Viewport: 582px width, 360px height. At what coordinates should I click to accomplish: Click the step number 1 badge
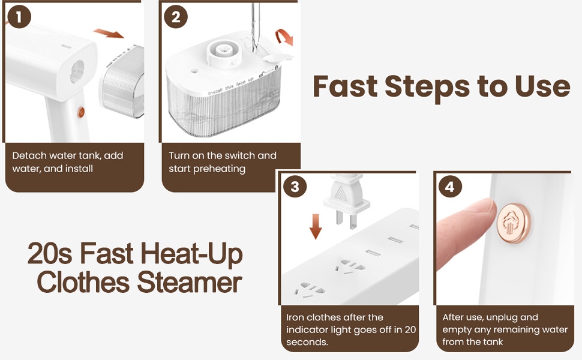(19, 17)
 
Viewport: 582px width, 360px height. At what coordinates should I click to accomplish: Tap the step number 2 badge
(176, 17)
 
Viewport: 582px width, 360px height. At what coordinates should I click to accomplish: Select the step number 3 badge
(295, 187)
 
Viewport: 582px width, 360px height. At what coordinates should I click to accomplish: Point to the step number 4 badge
(450, 187)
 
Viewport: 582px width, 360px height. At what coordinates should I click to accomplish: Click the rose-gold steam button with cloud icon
(514, 223)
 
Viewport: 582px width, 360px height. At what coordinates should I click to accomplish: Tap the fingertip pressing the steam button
(484, 208)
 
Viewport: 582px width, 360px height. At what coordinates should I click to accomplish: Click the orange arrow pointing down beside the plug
(316, 226)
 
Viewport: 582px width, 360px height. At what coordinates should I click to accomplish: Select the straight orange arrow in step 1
(109, 34)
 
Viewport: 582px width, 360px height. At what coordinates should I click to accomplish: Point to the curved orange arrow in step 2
(284, 37)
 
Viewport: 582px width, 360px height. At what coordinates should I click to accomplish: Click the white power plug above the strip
(346, 200)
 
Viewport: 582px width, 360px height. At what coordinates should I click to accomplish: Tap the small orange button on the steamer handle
(81, 112)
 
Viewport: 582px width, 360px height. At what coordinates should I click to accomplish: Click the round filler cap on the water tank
(224, 52)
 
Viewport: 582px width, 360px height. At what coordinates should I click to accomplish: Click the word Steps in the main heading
(427, 86)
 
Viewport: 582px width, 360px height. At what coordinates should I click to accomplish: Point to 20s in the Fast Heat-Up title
(50, 253)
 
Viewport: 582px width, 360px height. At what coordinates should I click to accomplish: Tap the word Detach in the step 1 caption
(29, 155)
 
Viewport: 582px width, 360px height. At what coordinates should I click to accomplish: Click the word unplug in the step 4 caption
(503, 317)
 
